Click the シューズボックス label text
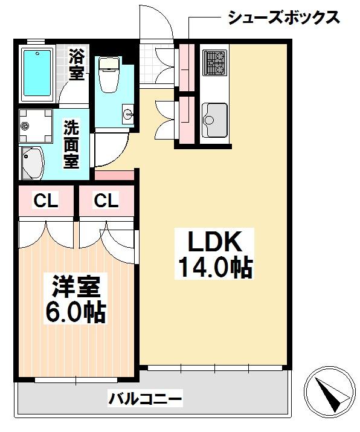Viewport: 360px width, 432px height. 284,18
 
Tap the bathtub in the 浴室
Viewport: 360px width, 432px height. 37,73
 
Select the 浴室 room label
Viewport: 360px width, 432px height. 76,65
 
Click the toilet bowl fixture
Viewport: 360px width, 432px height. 109,74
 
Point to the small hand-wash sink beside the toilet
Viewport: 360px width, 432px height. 128,113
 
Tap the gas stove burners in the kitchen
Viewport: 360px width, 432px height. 215,63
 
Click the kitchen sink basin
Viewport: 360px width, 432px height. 214,120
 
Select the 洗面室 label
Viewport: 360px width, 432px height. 71,144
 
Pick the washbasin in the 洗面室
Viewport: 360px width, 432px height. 33,163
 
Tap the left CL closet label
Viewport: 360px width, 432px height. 46,201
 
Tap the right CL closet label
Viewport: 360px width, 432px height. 106,201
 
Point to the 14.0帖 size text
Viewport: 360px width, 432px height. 215,268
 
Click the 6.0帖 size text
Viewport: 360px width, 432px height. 76,312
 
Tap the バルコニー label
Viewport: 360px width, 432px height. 145,398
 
